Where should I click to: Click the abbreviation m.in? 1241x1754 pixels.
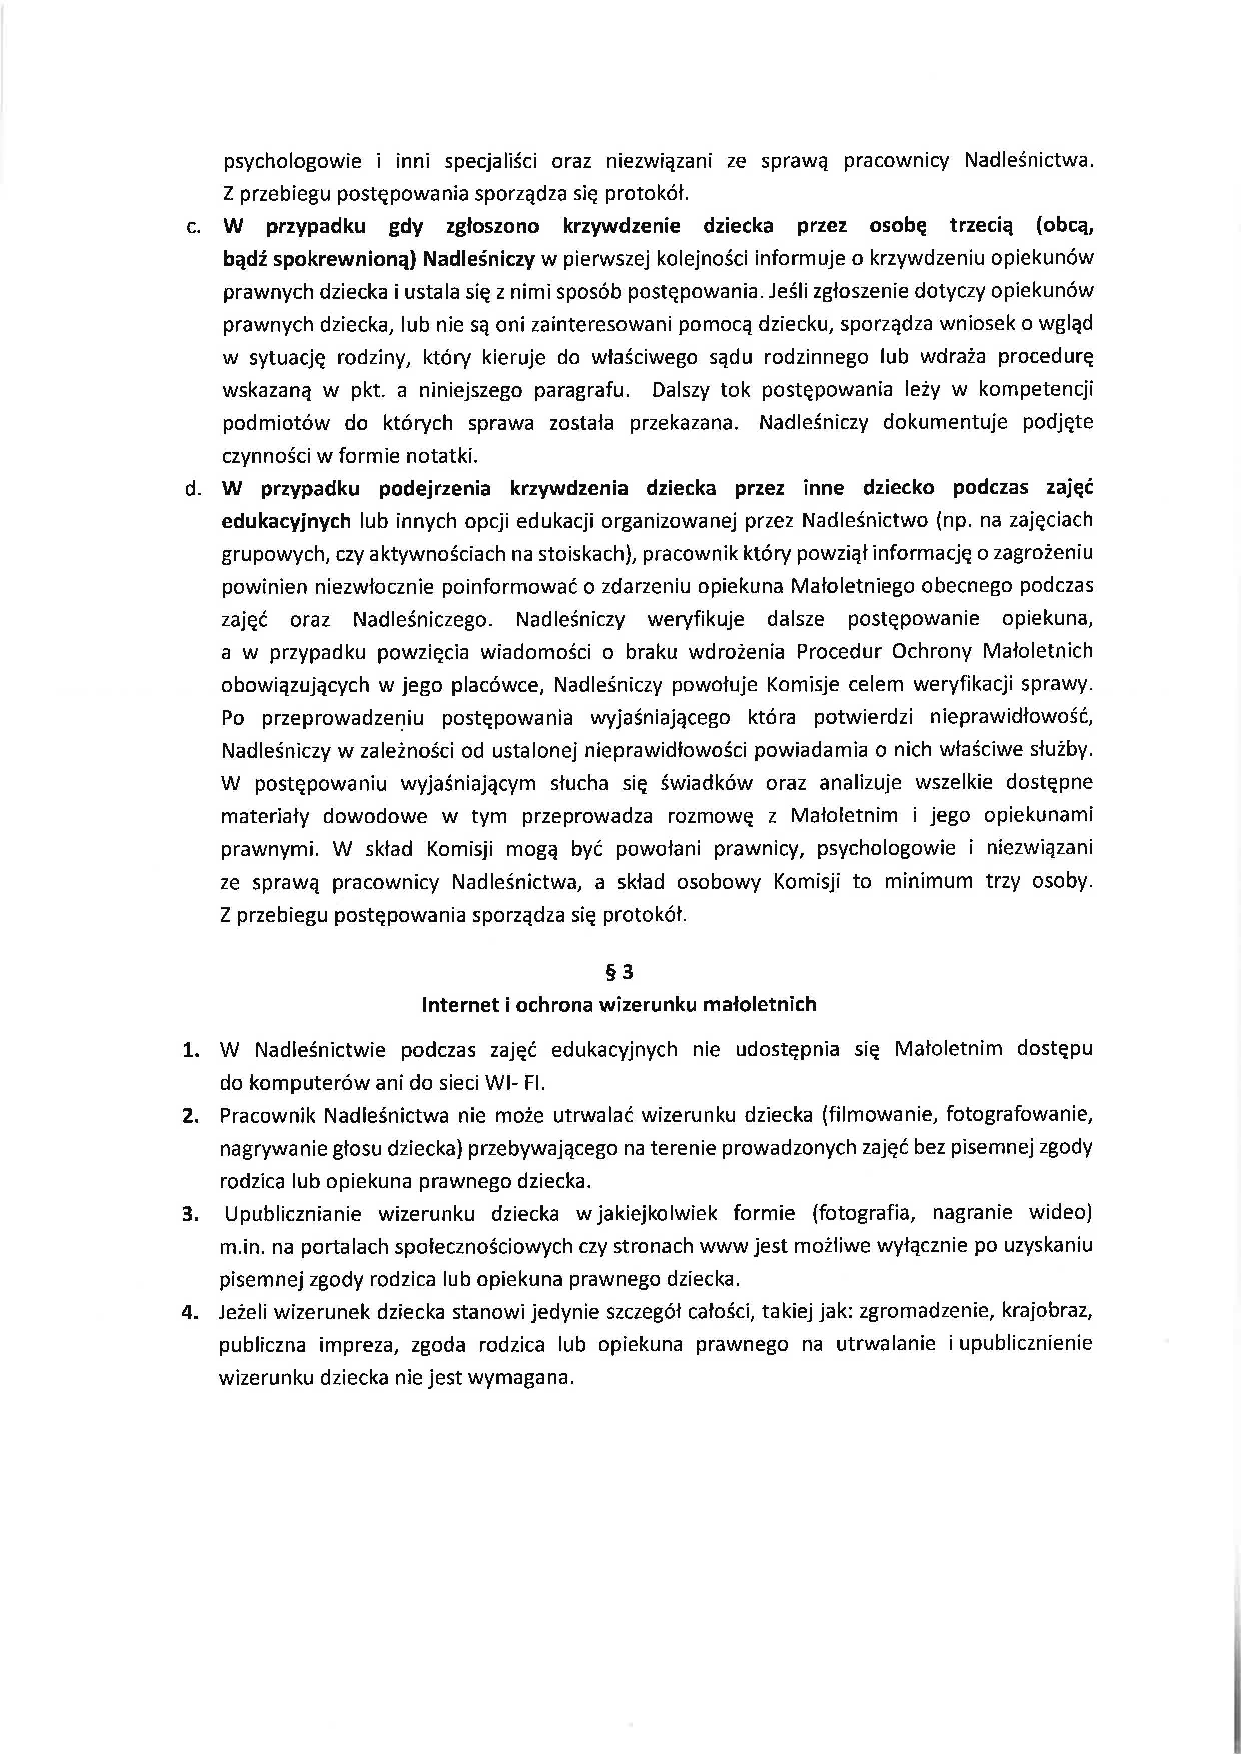click(241, 1246)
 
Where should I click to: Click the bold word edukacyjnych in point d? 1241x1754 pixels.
click(286, 521)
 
